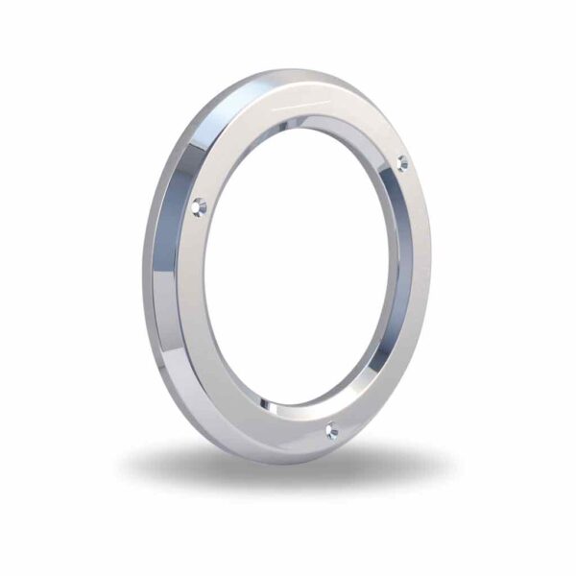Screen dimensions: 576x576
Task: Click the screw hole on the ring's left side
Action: click(x=200, y=204)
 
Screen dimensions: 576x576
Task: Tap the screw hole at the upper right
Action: click(x=402, y=163)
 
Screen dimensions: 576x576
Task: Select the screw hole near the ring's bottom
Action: click(x=333, y=431)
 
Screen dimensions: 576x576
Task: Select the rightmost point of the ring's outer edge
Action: click(x=431, y=259)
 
